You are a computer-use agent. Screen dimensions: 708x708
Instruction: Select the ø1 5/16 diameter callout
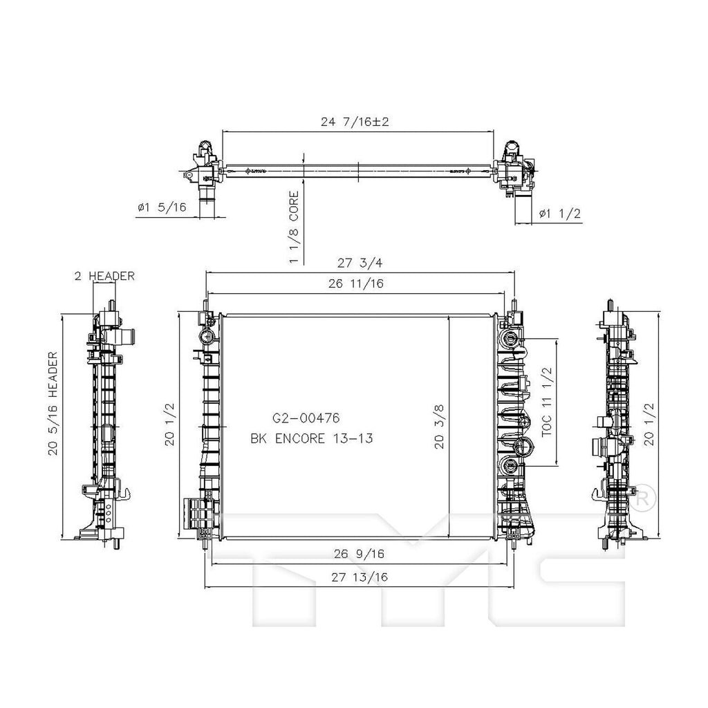160,207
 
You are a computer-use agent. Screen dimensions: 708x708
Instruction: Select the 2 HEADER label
104,275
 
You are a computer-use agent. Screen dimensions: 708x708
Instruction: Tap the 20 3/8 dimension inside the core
438,426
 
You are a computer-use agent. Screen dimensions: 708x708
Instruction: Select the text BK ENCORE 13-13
311,438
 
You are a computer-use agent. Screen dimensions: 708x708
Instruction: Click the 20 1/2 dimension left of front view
169,425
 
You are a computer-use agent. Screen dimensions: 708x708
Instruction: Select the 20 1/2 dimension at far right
649,425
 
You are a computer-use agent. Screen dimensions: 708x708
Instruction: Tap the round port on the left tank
206,337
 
